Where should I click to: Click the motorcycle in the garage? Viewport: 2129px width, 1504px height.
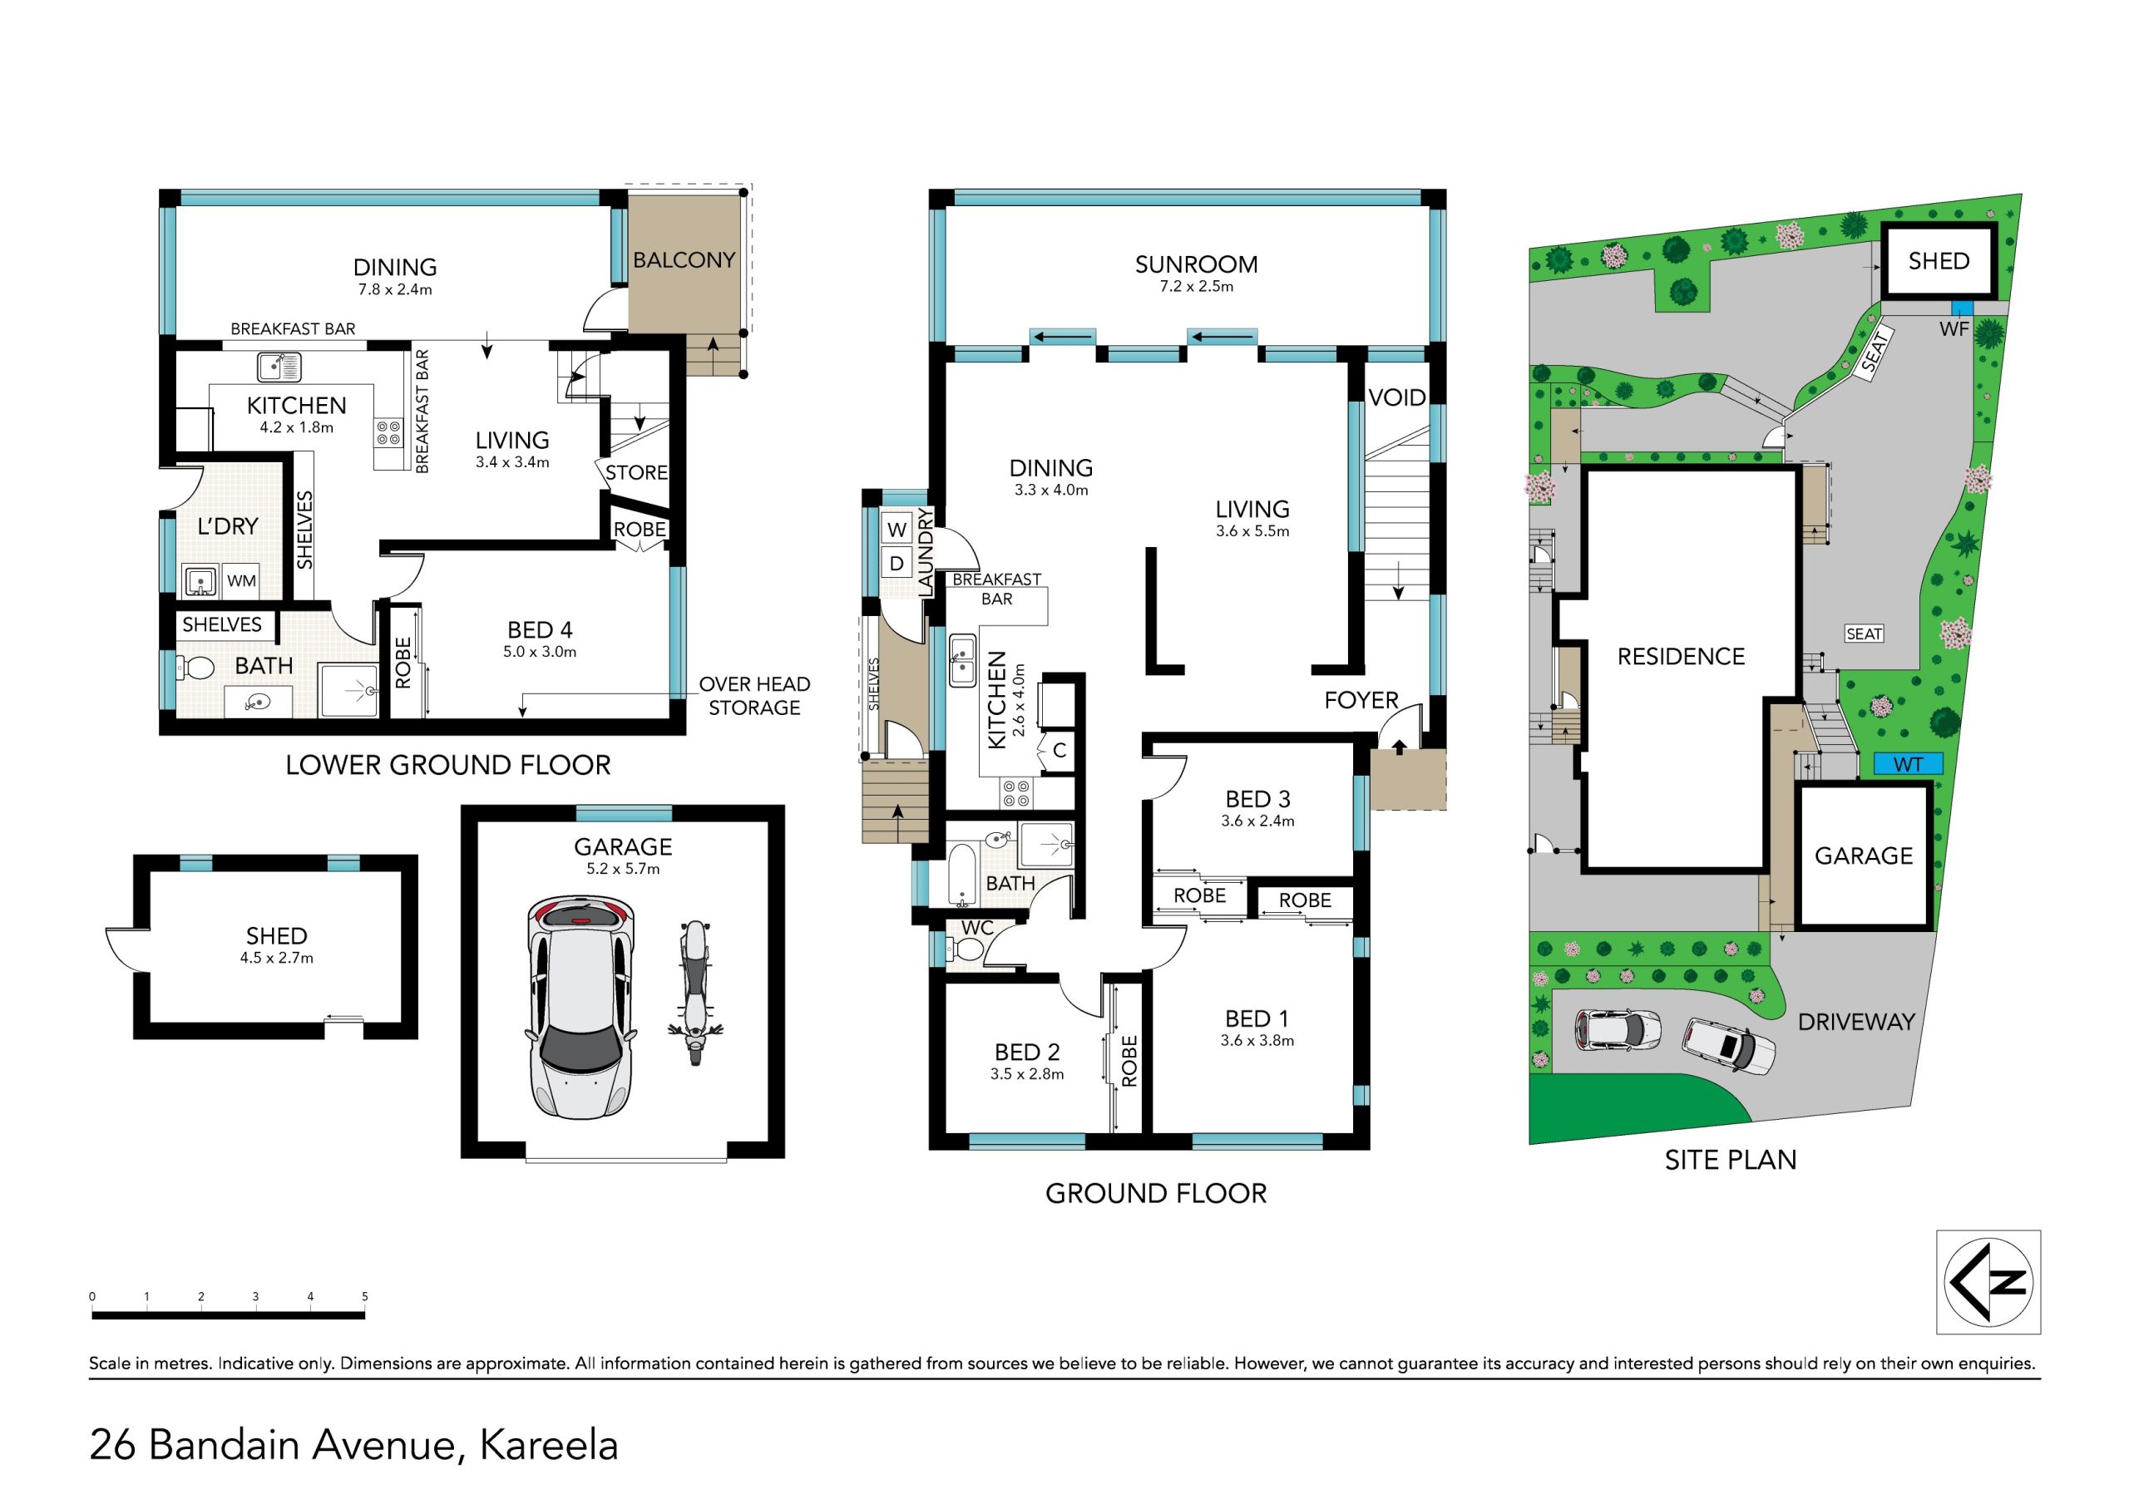click(x=694, y=993)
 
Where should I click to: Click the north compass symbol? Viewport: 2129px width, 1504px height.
click(x=1989, y=1282)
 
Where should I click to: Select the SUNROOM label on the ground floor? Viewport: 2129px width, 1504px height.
click(x=1196, y=264)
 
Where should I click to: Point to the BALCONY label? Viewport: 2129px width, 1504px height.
click(x=684, y=260)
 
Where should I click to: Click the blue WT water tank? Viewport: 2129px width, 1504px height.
click(x=1908, y=764)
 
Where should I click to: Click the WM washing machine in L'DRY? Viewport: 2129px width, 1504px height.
click(x=241, y=580)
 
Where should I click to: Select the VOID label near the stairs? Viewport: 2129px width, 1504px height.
click(x=1396, y=397)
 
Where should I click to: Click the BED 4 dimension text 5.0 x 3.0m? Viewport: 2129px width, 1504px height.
click(x=540, y=652)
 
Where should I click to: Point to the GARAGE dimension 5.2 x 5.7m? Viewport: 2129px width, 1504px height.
click(x=623, y=869)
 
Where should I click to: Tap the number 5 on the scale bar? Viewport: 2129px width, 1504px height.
click(x=364, y=1296)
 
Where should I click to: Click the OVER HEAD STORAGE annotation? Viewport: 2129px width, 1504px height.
click(x=753, y=695)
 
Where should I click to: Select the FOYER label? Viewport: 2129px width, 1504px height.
click(x=1361, y=700)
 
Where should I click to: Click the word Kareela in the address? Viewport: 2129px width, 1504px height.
click(x=548, y=1445)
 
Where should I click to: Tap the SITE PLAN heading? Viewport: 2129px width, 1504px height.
click(x=1731, y=1160)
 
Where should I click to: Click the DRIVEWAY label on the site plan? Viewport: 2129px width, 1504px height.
click(x=1856, y=1022)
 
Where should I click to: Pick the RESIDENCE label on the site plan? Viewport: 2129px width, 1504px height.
click(x=1681, y=657)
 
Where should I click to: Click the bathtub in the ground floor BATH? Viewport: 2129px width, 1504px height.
click(x=961, y=875)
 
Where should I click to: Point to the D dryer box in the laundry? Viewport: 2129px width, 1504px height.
click(x=897, y=563)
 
